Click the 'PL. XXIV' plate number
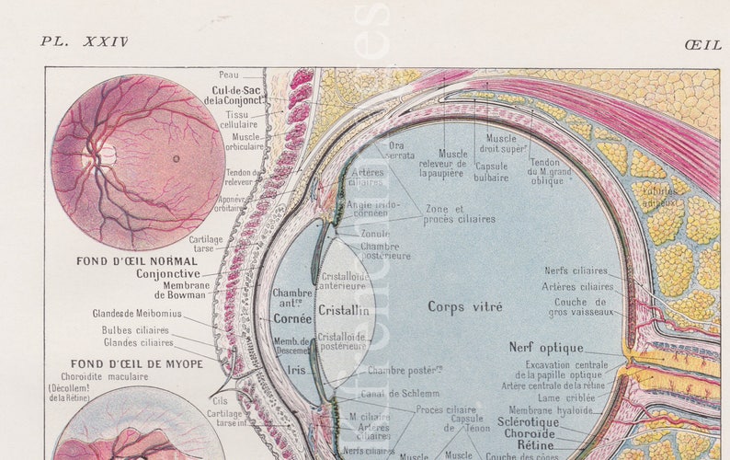point(84,41)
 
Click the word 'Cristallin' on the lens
point(343,311)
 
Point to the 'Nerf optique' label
point(545,348)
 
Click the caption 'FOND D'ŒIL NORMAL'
point(136,261)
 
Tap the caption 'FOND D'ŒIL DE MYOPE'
point(137,363)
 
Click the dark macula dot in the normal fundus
point(177,158)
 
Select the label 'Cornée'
point(291,318)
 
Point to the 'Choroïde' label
point(529,432)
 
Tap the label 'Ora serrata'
point(396,150)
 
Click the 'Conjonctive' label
point(167,273)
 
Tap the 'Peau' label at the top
point(229,75)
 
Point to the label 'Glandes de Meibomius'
point(136,313)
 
